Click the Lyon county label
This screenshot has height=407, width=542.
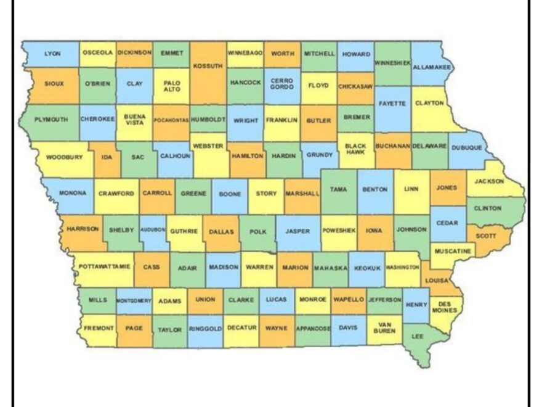pyautogui.click(x=52, y=54)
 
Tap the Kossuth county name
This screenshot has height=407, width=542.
pyautogui.click(x=208, y=66)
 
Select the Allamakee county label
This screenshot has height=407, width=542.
pyautogui.click(x=432, y=67)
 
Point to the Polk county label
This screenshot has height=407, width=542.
pyautogui.click(x=258, y=231)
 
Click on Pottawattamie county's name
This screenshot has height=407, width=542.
pyautogui.click(x=104, y=266)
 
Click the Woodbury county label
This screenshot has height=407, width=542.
pyautogui.click(x=64, y=157)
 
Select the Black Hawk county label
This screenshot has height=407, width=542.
pyautogui.click(x=355, y=150)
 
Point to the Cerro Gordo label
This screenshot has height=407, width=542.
pyautogui.click(x=281, y=84)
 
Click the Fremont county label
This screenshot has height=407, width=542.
pyautogui.click(x=98, y=328)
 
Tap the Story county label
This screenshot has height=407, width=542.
pyautogui.click(x=266, y=193)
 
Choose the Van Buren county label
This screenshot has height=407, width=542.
pyautogui.click(x=383, y=327)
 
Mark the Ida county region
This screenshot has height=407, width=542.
pyautogui.click(x=107, y=157)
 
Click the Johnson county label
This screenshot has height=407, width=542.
pyautogui.click(x=411, y=230)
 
